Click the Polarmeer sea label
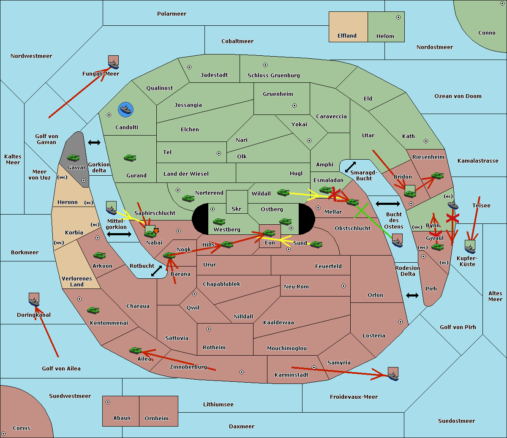pos(172,14)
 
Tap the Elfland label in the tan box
pos(347,36)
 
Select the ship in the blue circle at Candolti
pos(125,110)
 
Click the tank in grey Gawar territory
pos(74,158)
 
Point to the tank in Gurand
pos(130,158)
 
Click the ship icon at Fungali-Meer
pos(113,63)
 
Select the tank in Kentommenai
pos(93,310)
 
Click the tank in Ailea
pos(136,350)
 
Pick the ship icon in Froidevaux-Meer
pos(393,374)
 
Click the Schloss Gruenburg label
pos(273,76)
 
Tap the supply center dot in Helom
pos(398,17)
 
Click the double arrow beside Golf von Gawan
pos(94,143)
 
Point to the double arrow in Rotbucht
pos(156,271)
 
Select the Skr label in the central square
pos(236,209)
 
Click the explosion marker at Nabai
pos(156,231)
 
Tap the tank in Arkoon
pos(99,256)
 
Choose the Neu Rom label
pos(296,287)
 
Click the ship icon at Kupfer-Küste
pos(470,247)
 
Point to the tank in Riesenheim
pos(437,175)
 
